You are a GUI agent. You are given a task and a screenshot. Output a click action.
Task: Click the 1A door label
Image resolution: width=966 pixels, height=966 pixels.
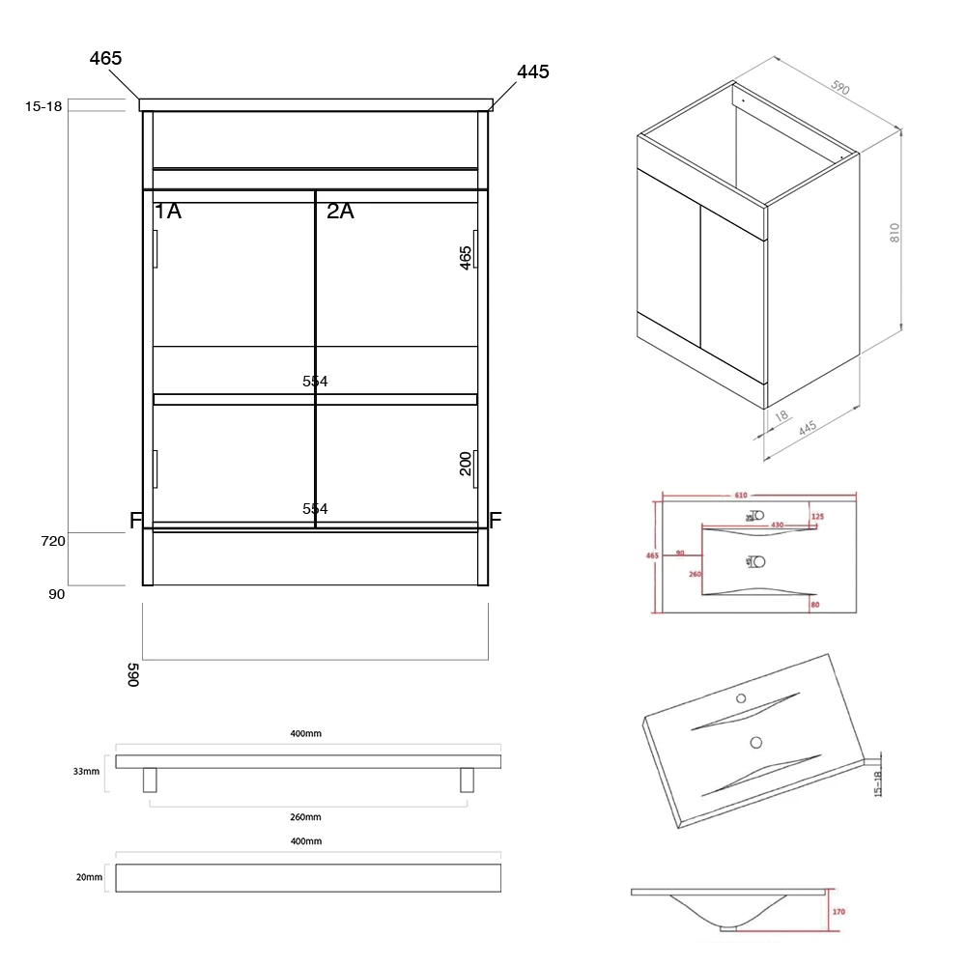point(167,211)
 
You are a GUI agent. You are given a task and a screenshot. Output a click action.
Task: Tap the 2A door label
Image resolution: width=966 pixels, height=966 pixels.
point(340,211)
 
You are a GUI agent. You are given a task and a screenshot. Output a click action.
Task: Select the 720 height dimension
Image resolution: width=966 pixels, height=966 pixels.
point(53,541)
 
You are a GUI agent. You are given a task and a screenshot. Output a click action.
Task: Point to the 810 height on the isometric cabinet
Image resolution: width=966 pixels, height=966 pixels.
point(895,232)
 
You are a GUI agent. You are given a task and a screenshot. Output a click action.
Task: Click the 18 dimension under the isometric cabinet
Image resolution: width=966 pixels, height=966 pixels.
point(781,416)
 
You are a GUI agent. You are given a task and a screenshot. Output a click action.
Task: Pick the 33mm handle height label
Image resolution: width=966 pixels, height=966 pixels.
point(86,771)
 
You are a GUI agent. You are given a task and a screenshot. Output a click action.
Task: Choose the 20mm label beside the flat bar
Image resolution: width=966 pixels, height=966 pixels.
point(88,877)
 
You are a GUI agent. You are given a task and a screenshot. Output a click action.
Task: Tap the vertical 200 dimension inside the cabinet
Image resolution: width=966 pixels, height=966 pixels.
point(466,464)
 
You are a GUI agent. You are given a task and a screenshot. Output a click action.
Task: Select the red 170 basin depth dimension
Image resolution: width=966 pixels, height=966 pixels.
point(838,910)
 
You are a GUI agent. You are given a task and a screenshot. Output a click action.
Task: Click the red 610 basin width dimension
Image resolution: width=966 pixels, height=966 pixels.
point(741,495)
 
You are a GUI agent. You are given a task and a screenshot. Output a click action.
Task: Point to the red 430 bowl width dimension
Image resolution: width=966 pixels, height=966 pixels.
point(777,524)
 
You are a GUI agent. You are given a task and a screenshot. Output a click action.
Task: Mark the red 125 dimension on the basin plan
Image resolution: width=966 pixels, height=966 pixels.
point(817,517)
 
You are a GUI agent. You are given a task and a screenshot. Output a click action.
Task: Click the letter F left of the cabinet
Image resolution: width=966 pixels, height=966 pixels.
point(136,522)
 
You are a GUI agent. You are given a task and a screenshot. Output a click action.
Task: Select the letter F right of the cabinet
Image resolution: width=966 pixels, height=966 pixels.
point(496,522)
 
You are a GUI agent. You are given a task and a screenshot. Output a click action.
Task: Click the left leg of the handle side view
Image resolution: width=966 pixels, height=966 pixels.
point(150,780)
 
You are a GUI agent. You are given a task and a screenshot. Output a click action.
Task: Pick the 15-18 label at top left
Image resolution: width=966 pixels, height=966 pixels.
point(43,106)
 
